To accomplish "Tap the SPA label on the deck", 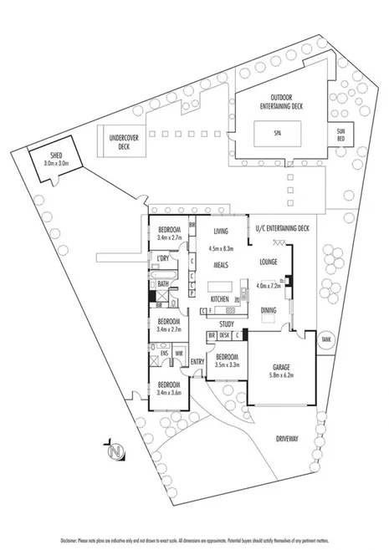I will (x=276, y=132).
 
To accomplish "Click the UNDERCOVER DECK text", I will (x=124, y=142).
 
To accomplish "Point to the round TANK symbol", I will (x=325, y=339).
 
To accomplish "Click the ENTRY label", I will (x=197, y=361).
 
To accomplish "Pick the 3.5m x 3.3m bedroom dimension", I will (x=228, y=365).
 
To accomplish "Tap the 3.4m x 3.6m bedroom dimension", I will (x=170, y=393).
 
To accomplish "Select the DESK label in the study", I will (x=224, y=335).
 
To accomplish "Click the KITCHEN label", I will (x=220, y=298).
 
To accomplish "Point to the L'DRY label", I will (x=163, y=258).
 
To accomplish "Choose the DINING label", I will (x=268, y=310).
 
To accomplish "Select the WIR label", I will (x=179, y=353).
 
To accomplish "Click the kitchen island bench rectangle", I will (x=220, y=285).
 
